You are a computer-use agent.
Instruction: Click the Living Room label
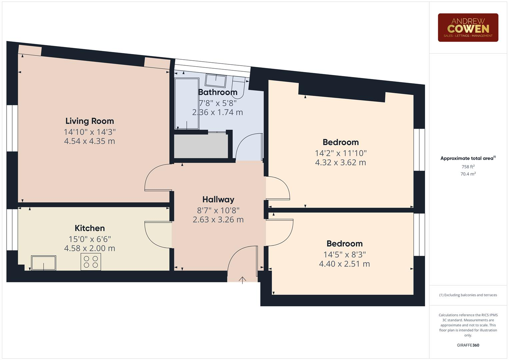[x=89, y=121]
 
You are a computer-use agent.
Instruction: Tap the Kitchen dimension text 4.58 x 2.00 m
[x=89, y=248]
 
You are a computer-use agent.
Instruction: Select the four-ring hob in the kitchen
[x=91, y=262]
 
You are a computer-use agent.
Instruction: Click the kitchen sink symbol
[x=44, y=263]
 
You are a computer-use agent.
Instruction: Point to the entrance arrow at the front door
[x=242, y=280]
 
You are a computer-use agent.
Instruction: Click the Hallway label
[x=218, y=200]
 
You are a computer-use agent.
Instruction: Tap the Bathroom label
[x=218, y=92]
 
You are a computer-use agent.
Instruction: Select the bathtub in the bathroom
[x=187, y=103]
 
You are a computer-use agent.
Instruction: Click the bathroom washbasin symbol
[x=216, y=80]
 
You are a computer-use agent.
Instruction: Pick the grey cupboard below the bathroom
[x=201, y=146]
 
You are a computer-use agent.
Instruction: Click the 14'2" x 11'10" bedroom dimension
[x=340, y=153]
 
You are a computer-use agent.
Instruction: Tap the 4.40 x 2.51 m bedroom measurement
[x=344, y=264]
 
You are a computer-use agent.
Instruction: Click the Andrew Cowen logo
[x=468, y=28]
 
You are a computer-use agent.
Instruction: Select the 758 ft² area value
[x=468, y=167]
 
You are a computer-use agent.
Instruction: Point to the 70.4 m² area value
[x=468, y=174]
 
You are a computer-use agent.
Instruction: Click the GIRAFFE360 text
[x=468, y=345]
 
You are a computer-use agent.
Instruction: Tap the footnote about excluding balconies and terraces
[x=468, y=295]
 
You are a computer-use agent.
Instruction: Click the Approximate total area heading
[x=468, y=158]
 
